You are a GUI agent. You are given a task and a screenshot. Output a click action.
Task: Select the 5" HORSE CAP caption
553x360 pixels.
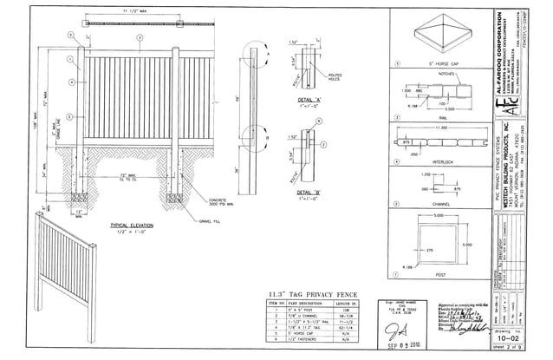click(x=431, y=63)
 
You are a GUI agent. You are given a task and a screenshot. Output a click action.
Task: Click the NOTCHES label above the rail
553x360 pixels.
click(x=448, y=75)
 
